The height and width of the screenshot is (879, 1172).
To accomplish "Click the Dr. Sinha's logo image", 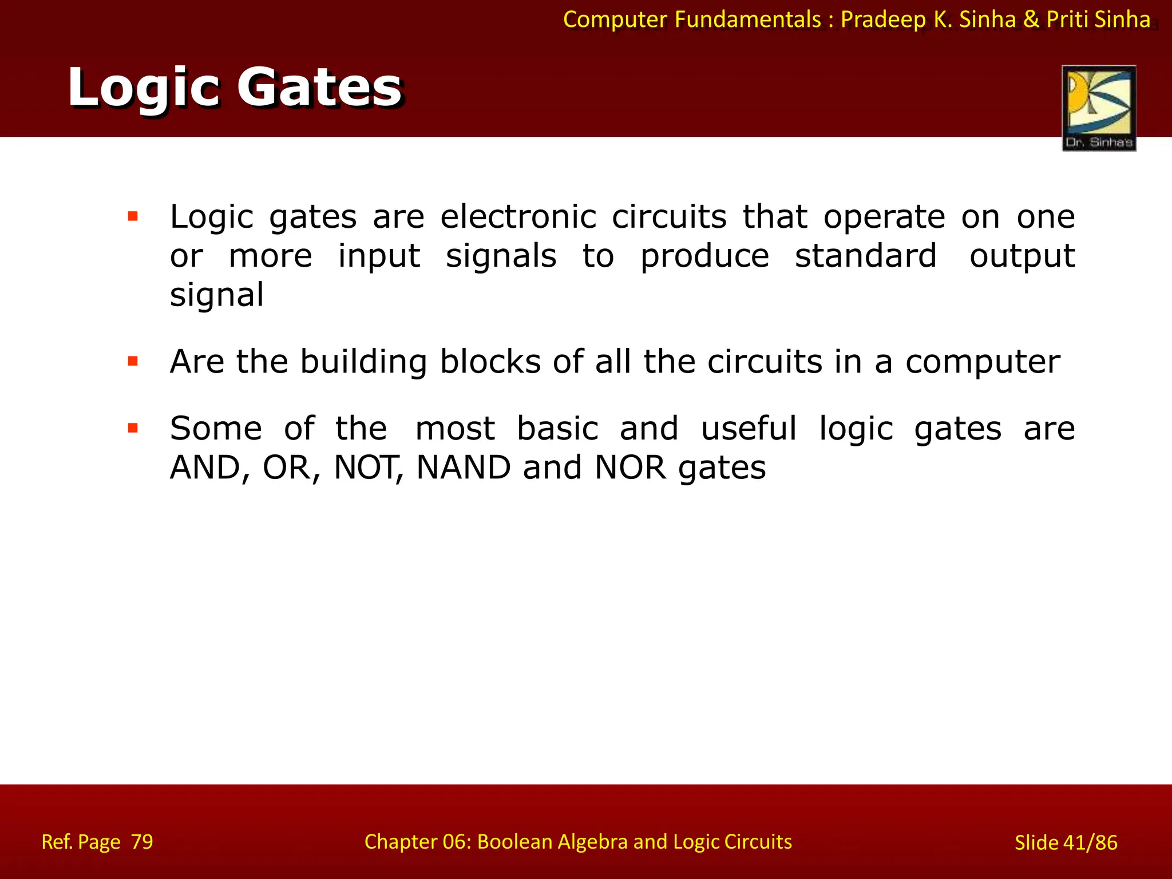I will [1098, 108].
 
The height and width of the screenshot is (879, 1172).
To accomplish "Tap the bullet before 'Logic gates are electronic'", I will [133, 216].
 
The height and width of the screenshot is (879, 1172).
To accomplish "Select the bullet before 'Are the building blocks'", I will [133, 361].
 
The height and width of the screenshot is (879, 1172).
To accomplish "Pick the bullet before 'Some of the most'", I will [133, 427].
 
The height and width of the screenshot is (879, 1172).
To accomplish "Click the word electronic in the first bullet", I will [518, 217].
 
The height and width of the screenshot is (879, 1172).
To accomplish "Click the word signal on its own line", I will [217, 295].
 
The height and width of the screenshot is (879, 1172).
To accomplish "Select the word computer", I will [982, 362].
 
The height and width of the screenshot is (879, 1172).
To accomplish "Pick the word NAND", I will [464, 468].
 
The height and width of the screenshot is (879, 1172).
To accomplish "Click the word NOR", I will [630, 468].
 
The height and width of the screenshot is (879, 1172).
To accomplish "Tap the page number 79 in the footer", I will [142, 842].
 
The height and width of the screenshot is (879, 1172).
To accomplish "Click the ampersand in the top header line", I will [1031, 19].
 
